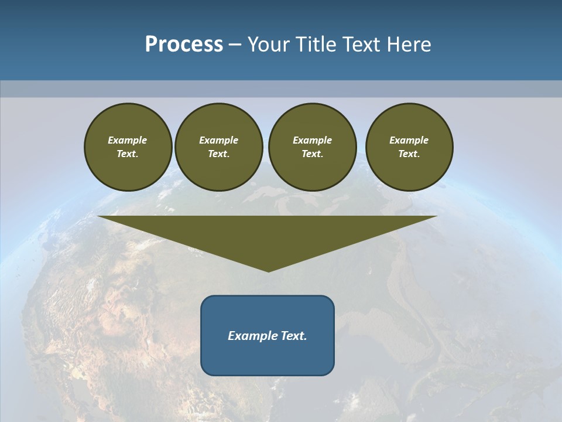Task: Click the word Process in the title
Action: tap(184, 45)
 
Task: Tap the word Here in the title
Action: tap(408, 45)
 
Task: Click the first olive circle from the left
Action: tap(128, 147)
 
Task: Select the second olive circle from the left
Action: tap(218, 147)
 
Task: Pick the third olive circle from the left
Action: tap(312, 147)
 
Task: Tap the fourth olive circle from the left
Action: tap(409, 147)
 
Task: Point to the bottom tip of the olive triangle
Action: tap(268, 271)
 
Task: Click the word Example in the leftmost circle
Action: tap(128, 140)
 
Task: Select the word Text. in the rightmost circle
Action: tap(409, 154)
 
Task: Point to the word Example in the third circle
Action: tap(312, 140)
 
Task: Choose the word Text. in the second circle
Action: tap(218, 154)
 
